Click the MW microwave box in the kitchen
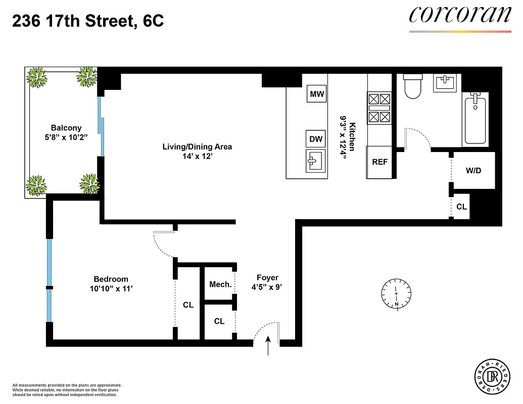click(317, 94)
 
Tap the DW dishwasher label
click(316, 139)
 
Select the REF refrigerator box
click(379, 162)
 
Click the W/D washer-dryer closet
click(473, 171)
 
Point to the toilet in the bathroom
click(413, 87)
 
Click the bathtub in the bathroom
click(475, 119)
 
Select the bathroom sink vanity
click(445, 82)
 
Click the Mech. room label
click(221, 284)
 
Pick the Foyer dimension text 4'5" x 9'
click(267, 288)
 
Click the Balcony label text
click(66, 128)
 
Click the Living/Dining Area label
click(197, 147)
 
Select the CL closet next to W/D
click(461, 207)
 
